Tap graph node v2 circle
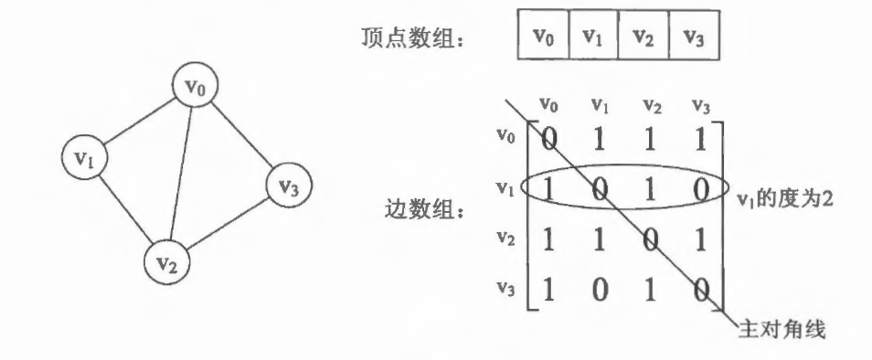167,261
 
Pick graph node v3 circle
289,185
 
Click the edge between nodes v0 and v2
181,174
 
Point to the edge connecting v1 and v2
125,208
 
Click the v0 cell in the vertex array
543,35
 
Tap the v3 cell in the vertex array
694,35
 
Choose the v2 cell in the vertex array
643,35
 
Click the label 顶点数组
412,37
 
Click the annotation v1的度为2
784,198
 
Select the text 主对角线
782,330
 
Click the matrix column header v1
600,104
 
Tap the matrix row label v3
506,287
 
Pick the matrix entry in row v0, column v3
700,140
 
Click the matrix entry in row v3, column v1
599,290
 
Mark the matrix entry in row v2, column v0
549,240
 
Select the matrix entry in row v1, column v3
701,191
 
